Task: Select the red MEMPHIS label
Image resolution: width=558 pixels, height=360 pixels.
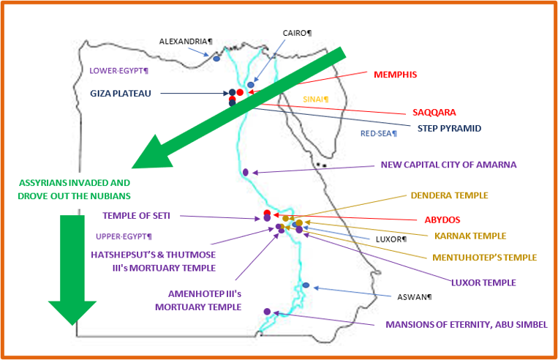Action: click(x=395, y=75)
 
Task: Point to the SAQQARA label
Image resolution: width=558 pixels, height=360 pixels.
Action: click(x=434, y=113)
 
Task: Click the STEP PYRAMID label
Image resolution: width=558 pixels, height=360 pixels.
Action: click(x=449, y=129)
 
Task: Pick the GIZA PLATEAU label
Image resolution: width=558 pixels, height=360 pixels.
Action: click(x=120, y=94)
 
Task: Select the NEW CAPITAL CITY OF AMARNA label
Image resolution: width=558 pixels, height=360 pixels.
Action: click(x=448, y=165)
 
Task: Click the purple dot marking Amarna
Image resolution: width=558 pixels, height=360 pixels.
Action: click(x=246, y=173)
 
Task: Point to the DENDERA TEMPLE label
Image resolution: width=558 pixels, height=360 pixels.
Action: click(x=450, y=195)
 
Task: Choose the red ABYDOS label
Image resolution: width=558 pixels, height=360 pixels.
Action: click(x=442, y=220)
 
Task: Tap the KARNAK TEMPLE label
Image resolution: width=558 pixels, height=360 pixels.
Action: click(x=470, y=236)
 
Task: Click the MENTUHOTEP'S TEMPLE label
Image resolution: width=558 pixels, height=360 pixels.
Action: click(x=484, y=258)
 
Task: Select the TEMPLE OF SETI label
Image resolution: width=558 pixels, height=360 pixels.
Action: click(x=136, y=216)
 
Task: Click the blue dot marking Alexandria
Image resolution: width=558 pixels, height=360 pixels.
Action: click(x=216, y=59)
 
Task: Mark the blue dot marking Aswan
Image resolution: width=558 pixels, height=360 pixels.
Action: click(x=306, y=285)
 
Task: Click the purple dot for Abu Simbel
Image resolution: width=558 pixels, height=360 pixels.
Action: click(x=267, y=312)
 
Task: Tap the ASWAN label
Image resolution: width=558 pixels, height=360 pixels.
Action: click(x=414, y=297)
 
